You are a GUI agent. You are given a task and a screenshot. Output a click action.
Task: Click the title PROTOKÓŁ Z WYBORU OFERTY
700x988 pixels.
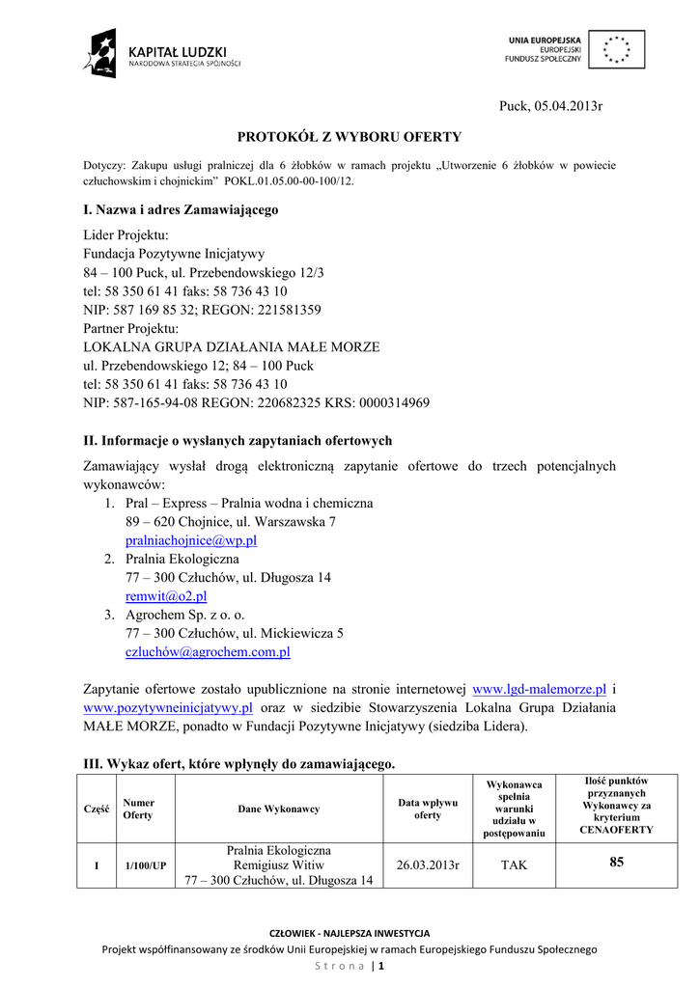tap(350, 137)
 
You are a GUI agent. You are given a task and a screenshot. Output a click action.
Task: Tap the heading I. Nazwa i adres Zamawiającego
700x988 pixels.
tap(182, 209)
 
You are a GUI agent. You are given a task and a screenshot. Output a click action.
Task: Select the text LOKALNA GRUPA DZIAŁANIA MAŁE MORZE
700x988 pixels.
tap(232, 346)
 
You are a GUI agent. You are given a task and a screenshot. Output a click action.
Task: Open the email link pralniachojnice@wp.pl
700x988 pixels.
tap(191, 541)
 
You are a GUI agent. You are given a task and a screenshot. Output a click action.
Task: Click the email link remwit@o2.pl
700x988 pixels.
tap(166, 596)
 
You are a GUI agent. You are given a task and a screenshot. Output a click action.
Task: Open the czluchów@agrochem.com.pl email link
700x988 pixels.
tap(208, 652)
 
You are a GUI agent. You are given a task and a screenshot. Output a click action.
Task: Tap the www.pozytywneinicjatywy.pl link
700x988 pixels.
tap(169, 707)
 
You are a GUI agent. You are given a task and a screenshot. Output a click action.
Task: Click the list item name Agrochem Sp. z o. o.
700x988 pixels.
tap(185, 615)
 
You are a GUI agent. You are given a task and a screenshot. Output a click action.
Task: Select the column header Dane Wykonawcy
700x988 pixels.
tap(279, 809)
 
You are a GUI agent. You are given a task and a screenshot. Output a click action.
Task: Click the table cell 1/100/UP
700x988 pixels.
tap(145, 866)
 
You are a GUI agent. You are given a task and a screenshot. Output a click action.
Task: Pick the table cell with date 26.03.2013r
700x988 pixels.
tap(428, 865)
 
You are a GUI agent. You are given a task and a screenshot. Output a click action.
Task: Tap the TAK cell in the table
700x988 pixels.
tap(514, 865)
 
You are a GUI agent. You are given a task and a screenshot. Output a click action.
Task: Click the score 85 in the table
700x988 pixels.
tap(617, 863)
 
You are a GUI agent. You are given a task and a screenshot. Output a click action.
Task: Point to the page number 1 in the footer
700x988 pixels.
tap(381, 966)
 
